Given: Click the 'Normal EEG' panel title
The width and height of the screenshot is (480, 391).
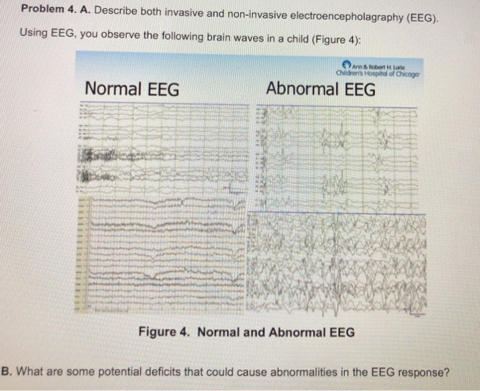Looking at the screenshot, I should (132, 89).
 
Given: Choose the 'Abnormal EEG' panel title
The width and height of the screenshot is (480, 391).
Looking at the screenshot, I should (321, 89).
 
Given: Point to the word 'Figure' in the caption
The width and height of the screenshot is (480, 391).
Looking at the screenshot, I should (157, 333).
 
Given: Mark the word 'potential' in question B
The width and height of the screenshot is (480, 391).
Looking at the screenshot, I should (114, 373).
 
